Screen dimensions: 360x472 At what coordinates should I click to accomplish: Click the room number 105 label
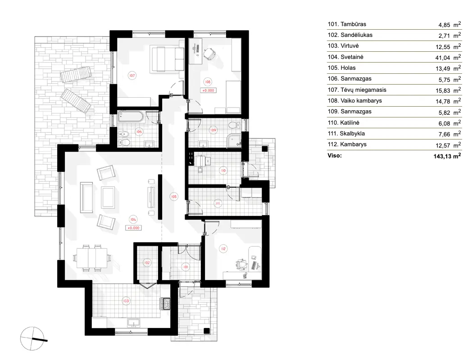(x=174, y=196)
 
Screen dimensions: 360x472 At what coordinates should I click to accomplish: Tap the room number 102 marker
(x=147, y=262)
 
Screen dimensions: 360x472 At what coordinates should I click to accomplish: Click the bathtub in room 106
(x=131, y=117)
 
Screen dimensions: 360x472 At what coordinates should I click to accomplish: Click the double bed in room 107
(x=166, y=58)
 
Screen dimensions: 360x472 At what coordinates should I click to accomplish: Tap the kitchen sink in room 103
(x=134, y=322)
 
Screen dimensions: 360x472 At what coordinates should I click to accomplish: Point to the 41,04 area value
(x=443, y=57)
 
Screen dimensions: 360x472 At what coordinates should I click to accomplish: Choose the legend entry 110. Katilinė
(x=348, y=123)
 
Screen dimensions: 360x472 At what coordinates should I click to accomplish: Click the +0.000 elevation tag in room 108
(x=209, y=90)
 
